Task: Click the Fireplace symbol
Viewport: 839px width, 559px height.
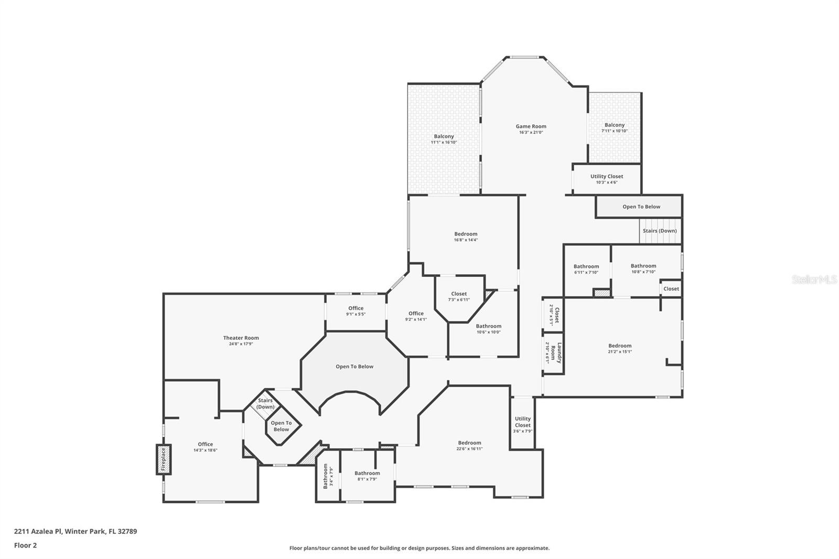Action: (x=164, y=459)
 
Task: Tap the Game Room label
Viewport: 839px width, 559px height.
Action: (x=531, y=126)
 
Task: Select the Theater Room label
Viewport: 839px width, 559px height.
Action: (x=241, y=338)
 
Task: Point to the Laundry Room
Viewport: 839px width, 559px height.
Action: (x=553, y=353)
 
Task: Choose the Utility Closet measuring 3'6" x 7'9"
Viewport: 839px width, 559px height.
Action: (x=522, y=423)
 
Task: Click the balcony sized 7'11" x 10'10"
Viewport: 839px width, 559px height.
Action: (x=614, y=127)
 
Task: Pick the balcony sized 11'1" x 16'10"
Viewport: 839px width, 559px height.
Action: (x=444, y=139)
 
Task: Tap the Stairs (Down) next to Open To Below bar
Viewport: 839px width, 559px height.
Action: (x=659, y=231)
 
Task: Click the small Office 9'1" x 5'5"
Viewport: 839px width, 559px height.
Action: (x=356, y=311)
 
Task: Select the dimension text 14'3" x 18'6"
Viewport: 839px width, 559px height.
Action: (x=205, y=450)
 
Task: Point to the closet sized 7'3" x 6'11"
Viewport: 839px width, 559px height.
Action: (x=458, y=297)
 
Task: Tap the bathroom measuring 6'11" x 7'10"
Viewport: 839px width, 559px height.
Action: (x=586, y=269)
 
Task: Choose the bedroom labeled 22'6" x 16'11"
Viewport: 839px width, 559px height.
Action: (x=469, y=445)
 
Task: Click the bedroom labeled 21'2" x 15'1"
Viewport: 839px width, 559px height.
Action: (x=619, y=348)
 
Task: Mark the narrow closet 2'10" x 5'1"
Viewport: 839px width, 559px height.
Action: (x=553, y=315)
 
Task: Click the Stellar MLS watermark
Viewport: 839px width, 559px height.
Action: (x=814, y=279)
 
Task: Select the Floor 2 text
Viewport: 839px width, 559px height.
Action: (x=25, y=545)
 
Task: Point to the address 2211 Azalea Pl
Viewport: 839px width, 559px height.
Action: (x=75, y=531)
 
